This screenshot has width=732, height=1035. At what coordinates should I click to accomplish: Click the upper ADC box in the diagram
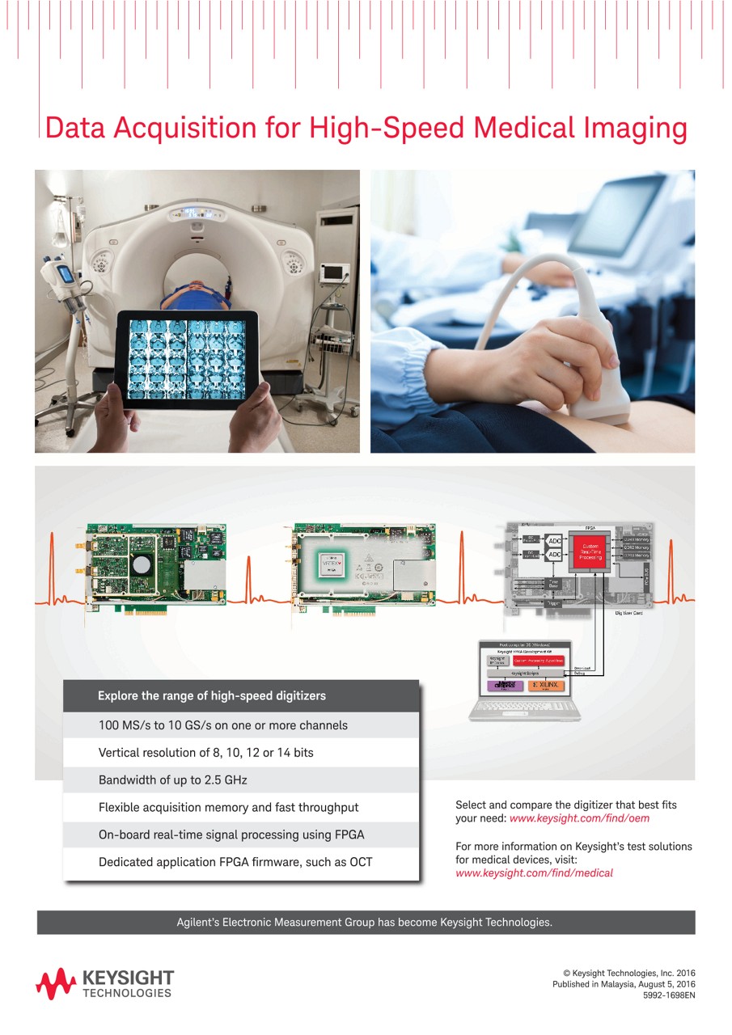tap(555, 541)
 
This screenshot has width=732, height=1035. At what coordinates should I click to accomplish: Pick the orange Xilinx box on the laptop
tap(548, 686)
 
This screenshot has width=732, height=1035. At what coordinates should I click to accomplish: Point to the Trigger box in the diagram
tap(554, 603)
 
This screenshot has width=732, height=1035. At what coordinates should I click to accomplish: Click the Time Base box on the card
tap(553, 584)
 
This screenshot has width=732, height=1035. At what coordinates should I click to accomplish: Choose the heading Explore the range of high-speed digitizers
tap(212, 695)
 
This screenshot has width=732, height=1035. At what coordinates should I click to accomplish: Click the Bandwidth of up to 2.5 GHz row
tap(173, 780)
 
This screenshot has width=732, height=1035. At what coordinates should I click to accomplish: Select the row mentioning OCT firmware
tap(235, 862)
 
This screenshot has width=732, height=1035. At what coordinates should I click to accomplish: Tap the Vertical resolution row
tap(206, 753)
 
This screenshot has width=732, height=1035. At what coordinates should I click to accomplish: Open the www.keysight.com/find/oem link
tap(579, 818)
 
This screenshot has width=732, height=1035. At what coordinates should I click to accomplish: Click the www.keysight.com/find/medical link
tap(534, 872)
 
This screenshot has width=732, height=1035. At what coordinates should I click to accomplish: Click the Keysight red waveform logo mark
tap(55, 983)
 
